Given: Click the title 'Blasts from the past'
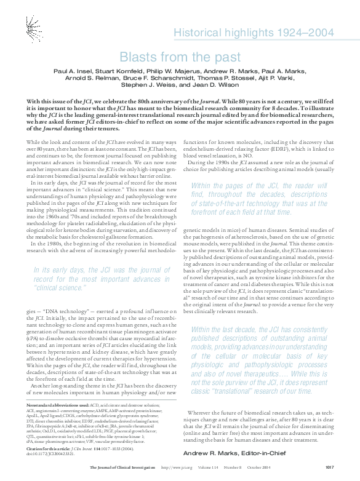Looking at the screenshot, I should (180, 57).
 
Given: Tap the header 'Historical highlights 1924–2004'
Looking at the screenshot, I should (254, 33).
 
